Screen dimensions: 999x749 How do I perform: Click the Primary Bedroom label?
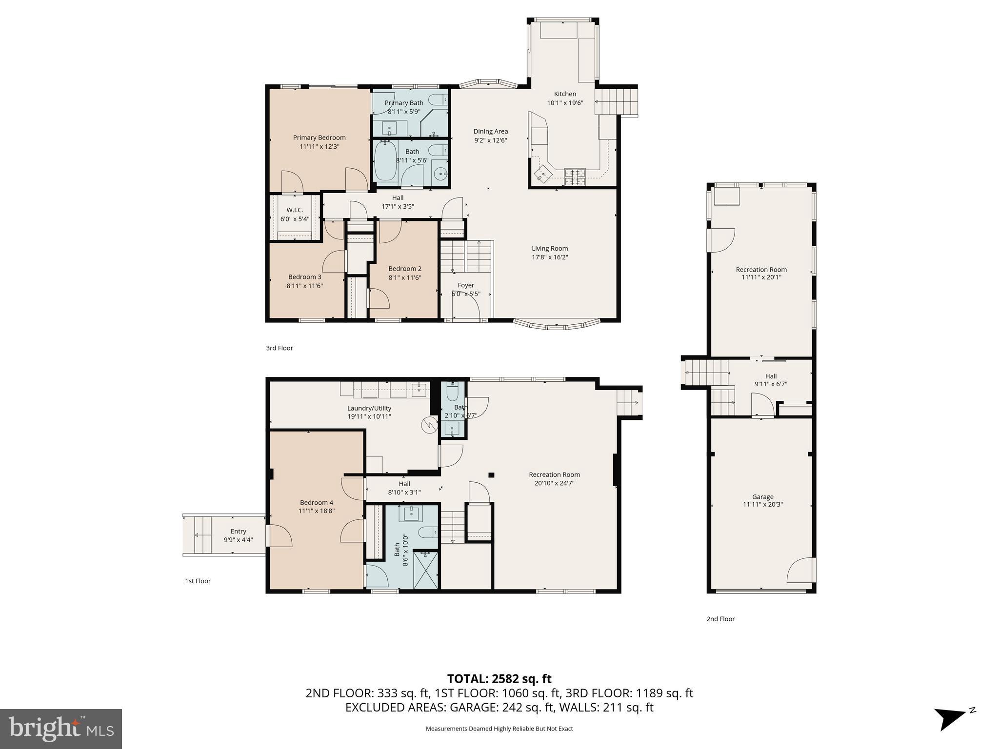[x=319, y=138]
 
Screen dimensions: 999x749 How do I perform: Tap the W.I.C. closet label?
[x=295, y=210]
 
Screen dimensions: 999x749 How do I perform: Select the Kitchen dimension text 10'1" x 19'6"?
[x=565, y=103]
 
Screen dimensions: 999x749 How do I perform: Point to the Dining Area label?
[x=490, y=131]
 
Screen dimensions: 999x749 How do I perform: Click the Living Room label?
[x=550, y=248]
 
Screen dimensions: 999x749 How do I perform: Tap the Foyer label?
[x=466, y=285]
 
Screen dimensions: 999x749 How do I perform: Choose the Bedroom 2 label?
[x=405, y=269]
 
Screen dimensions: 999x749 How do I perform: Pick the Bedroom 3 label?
[x=305, y=277]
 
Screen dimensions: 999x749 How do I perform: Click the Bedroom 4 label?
[x=317, y=503]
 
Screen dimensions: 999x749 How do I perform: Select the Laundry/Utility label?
[x=369, y=408]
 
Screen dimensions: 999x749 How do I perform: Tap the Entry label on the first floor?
[x=239, y=532]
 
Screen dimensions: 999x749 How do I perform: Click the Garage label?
[x=762, y=497]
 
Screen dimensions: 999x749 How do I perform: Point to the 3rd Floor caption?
[x=280, y=348]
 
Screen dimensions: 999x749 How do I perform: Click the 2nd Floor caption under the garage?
[x=720, y=619]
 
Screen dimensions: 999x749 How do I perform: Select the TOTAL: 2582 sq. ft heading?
[x=499, y=679]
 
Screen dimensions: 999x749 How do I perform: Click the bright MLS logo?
[x=61, y=729]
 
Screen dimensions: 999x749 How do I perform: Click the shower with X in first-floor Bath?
[x=426, y=569]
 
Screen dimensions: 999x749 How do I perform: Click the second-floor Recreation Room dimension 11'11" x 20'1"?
[x=761, y=277]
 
